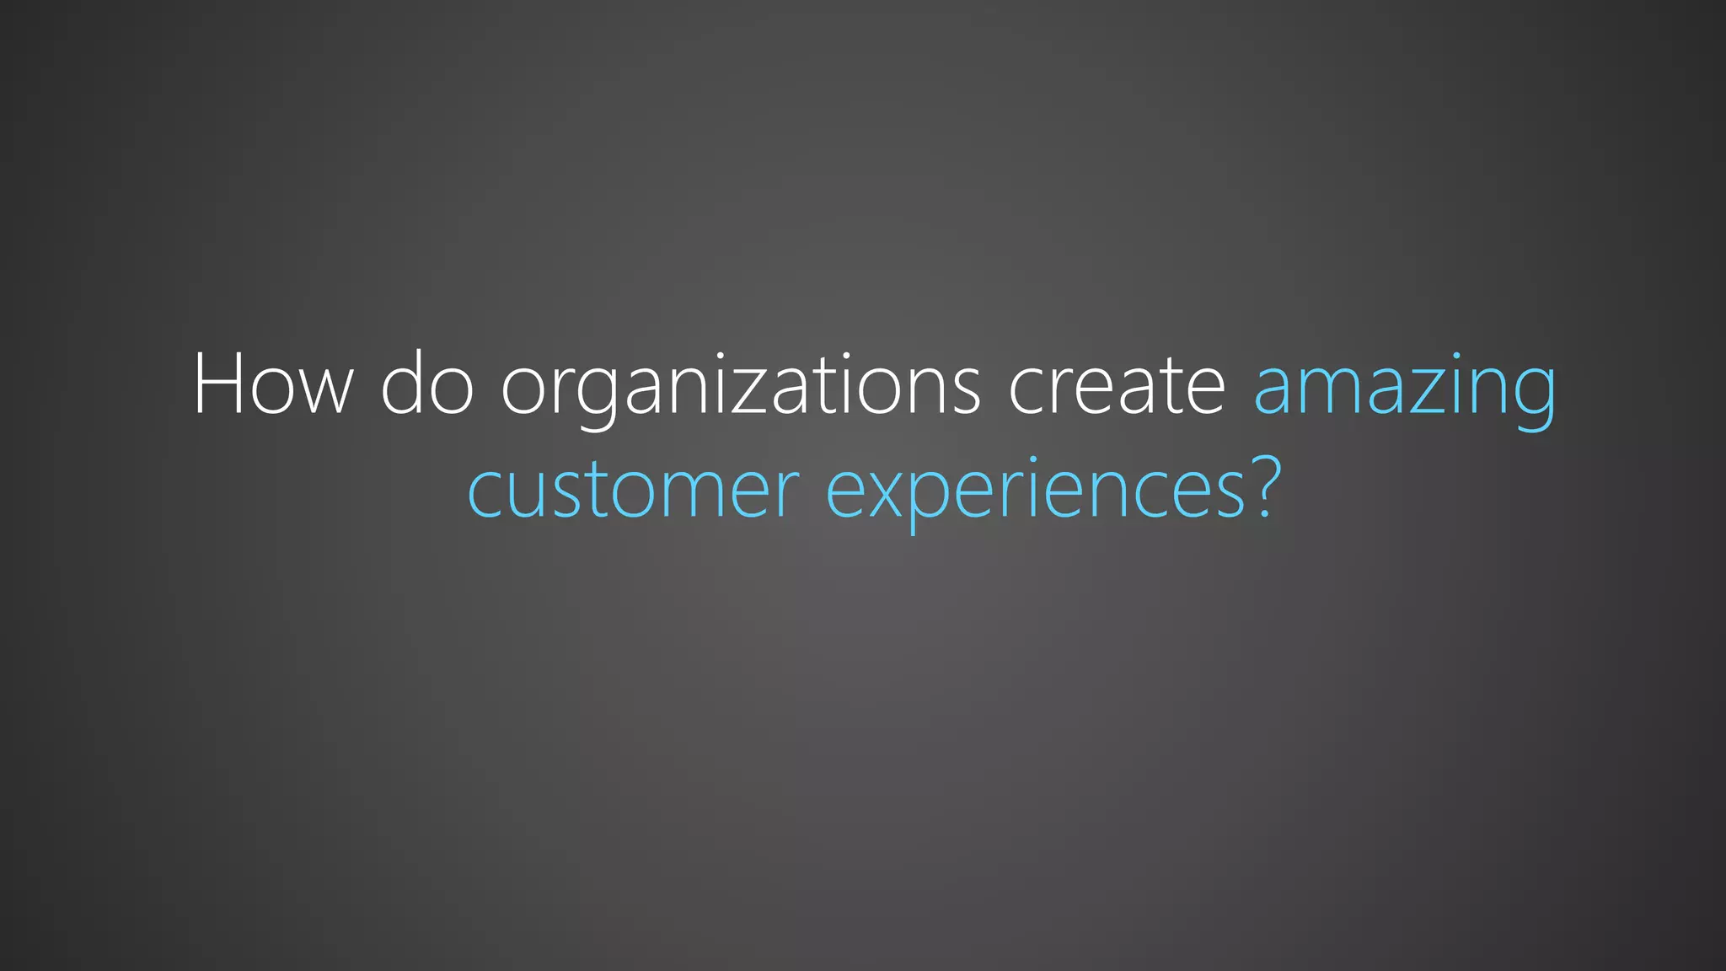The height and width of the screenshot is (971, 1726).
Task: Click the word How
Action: [x=272, y=384]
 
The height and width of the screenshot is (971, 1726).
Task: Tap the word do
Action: [x=426, y=384]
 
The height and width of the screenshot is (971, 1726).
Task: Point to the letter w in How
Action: [x=324, y=391]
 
